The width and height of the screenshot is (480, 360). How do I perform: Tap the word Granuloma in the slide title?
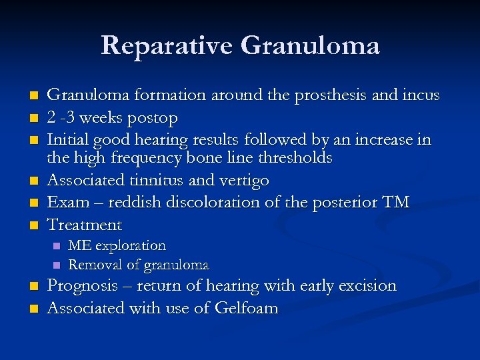tap(310, 45)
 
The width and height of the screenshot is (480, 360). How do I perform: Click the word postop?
tap(154, 118)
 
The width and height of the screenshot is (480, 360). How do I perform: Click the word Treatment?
tap(85, 225)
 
